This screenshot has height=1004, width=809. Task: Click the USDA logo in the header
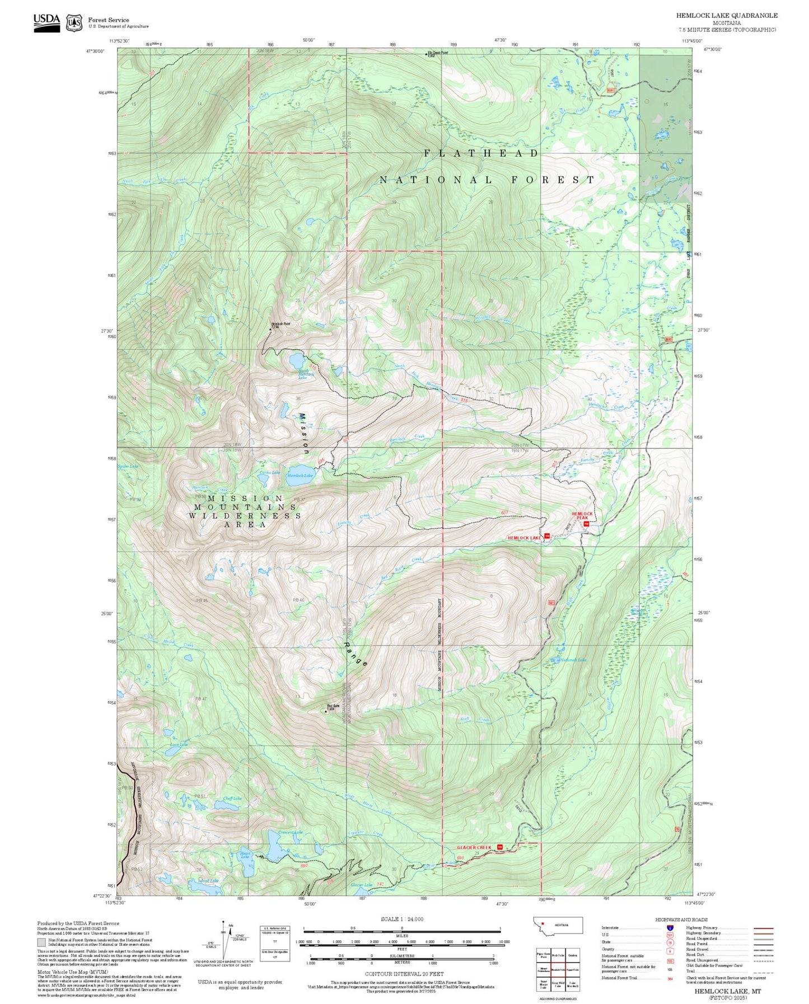pyautogui.click(x=46, y=22)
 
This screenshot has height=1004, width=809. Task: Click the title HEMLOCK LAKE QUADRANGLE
pyautogui.click(x=726, y=15)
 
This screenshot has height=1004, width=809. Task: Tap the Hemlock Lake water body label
pyautogui.click(x=300, y=476)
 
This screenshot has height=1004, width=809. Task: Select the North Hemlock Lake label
pyautogui.click(x=303, y=374)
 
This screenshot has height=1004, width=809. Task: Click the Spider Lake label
pyautogui.click(x=128, y=466)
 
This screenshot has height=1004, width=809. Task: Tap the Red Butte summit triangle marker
pyautogui.click(x=326, y=712)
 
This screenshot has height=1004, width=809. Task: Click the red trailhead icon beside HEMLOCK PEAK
pyautogui.click(x=586, y=524)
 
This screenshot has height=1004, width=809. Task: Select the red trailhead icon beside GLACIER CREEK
pyautogui.click(x=500, y=847)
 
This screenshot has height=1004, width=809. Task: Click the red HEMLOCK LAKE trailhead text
pyautogui.click(x=524, y=538)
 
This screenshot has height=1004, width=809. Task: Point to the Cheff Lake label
pyautogui.click(x=232, y=799)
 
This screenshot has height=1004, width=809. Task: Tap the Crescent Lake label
pyautogui.click(x=291, y=832)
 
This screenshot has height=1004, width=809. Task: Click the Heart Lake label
pyautogui.click(x=245, y=855)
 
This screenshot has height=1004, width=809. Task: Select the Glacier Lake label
pyautogui.click(x=361, y=885)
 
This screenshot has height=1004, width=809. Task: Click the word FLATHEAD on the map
pyautogui.click(x=481, y=153)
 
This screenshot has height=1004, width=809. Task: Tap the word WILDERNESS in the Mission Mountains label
pyautogui.click(x=245, y=515)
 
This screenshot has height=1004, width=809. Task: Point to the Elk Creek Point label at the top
pyautogui.click(x=438, y=53)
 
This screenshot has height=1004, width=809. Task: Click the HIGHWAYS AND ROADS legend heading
pyautogui.click(x=681, y=919)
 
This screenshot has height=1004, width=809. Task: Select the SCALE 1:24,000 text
pyautogui.click(x=401, y=919)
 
